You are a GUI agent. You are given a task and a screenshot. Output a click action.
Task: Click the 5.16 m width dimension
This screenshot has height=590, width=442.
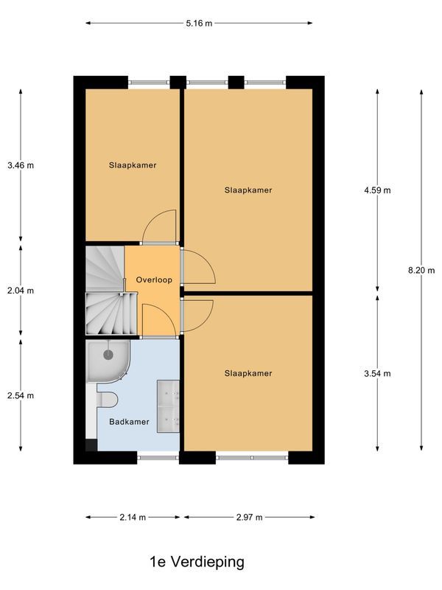tap(199, 24)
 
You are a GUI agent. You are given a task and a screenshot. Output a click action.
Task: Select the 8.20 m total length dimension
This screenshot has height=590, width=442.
tap(421, 270)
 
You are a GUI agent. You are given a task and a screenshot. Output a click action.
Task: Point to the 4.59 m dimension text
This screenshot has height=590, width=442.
tap(378, 190)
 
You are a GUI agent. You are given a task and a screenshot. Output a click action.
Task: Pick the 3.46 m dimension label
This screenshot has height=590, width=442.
tap(21, 165)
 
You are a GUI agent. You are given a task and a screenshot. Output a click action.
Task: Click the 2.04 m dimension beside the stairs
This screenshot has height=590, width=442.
tap(21, 291)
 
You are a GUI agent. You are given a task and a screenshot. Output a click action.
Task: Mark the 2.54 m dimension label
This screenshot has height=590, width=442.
tap(21, 395)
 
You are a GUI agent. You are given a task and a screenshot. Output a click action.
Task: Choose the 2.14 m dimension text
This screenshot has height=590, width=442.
tap(133, 517)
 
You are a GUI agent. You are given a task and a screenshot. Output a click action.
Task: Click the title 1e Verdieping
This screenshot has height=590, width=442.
tap(197, 562)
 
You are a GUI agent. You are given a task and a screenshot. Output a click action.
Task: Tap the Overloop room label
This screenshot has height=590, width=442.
tap(153, 281)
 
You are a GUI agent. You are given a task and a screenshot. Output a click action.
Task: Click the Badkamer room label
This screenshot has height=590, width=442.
tap(129, 422)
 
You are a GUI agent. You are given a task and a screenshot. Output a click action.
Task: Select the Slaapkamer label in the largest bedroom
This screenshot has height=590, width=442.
tap(248, 190)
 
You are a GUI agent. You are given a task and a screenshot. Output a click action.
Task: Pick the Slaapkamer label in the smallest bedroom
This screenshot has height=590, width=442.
tap(133, 165)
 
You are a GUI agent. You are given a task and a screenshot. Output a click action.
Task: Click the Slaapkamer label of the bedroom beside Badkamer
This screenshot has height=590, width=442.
tap(248, 373)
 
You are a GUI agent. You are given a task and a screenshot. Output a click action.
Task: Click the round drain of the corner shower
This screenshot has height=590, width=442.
tap(108, 355)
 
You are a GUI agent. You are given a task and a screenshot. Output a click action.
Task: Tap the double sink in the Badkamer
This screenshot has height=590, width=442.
tap(169, 406)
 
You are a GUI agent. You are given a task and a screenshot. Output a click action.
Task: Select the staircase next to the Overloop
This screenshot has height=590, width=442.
tap(104, 291)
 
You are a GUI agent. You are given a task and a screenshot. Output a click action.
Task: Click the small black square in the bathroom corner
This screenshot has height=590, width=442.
tap(91, 445)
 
